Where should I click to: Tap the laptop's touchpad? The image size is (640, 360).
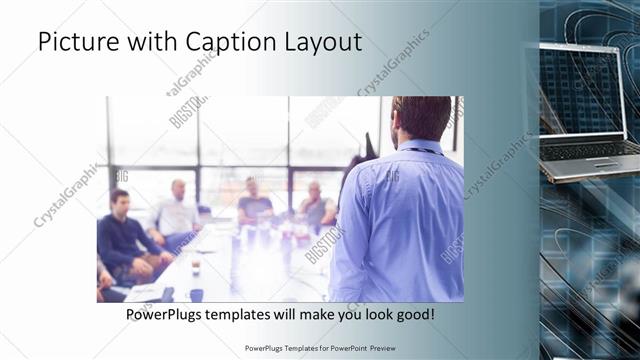pyautogui.click(x=606, y=162)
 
